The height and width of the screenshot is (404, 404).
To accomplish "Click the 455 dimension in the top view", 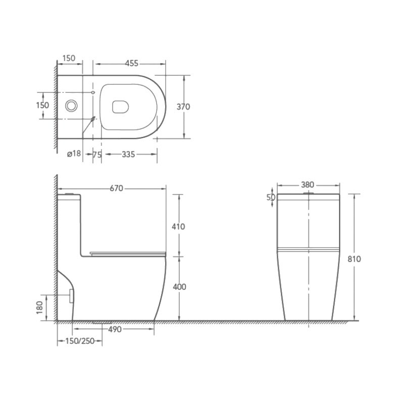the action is tap(132, 64).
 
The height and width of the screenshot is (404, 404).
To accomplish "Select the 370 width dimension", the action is tap(183, 107).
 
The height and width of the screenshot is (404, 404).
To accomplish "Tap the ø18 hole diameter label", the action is tap(74, 154).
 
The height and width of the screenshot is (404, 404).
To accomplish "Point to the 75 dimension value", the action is tap(97, 155).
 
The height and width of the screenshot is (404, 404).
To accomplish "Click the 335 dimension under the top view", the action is tap(128, 155).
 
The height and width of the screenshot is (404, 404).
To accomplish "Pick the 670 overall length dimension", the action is tap(117, 188).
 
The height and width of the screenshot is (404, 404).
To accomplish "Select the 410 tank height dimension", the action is tap(178, 227).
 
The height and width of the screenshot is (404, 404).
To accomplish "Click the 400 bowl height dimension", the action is tap(179, 287).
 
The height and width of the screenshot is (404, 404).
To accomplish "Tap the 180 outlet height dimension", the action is tap(40, 308).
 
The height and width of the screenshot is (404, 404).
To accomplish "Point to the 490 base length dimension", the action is tap(115, 330).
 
